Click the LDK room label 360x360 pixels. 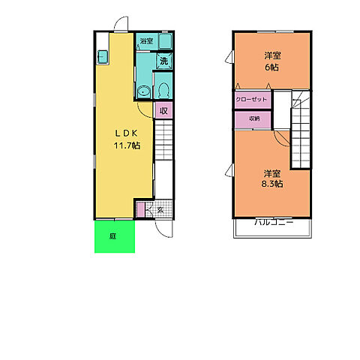126,133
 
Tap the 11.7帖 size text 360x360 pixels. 127,145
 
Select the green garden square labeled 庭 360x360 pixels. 115,236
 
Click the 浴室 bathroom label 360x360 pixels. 146,41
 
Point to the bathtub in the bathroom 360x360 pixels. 165,41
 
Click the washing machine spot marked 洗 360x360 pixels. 164,61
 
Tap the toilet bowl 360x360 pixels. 163,90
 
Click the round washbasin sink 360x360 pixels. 144,92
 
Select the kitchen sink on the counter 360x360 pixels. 103,57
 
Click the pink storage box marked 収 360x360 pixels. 163,110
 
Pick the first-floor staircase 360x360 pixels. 163,140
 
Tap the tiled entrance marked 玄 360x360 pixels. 159,208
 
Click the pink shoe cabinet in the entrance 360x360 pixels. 141,209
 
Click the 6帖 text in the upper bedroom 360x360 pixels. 272,67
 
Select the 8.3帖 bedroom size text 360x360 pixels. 272,184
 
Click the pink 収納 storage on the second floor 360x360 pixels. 253,119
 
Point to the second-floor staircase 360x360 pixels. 301,130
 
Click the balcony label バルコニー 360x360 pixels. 274,222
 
